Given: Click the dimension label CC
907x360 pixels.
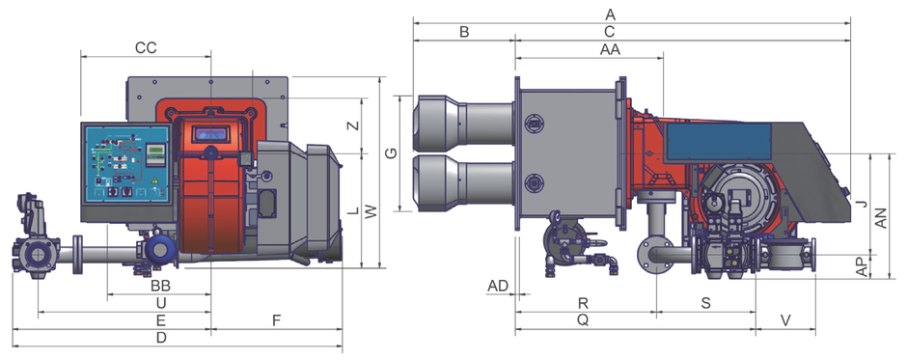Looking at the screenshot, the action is pyautogui.click(x=146, y=47).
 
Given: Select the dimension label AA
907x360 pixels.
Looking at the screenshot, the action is pyautogui.click(x=610, y=50).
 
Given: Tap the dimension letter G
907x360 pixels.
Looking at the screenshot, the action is pyautogui.click(x=391, y=153).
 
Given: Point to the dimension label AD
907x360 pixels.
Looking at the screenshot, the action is pyautogui.click(x=498, y=286).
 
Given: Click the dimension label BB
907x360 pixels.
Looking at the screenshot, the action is pyautogui.click(x=161, y=286).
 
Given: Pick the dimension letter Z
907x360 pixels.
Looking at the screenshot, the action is pyautogui.click(x=356, y=125).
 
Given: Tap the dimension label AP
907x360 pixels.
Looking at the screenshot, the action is pyautogui.click(x=862, y=266).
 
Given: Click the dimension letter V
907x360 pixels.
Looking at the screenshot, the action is pyautogui.click(x=785, y=319).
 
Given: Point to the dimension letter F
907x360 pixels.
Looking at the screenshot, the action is pyautogui.click(x=277, y=319).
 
